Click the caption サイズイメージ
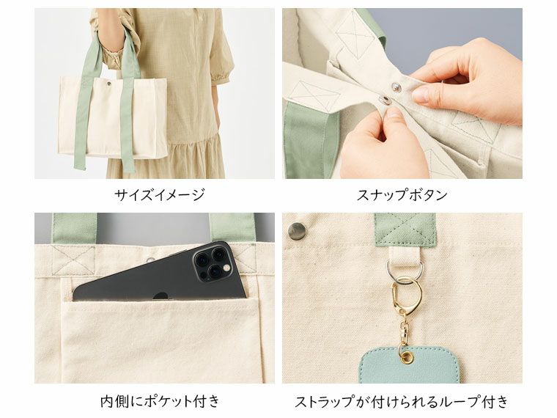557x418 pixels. tap(160, 195)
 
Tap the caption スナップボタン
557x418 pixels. tap(402, 195)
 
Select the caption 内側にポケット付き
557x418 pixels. tap(160, 401)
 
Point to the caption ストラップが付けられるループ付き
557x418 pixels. tap(402, 401)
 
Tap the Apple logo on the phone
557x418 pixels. tap(161, 296)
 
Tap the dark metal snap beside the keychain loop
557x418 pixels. tap(297, 231)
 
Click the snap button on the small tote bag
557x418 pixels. tap(108, 84)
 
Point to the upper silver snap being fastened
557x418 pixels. tap(396, 86)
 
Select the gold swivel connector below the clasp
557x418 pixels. tap(405, 329)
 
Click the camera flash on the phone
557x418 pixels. tap(225, 267)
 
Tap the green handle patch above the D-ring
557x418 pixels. tap(405, 230)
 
